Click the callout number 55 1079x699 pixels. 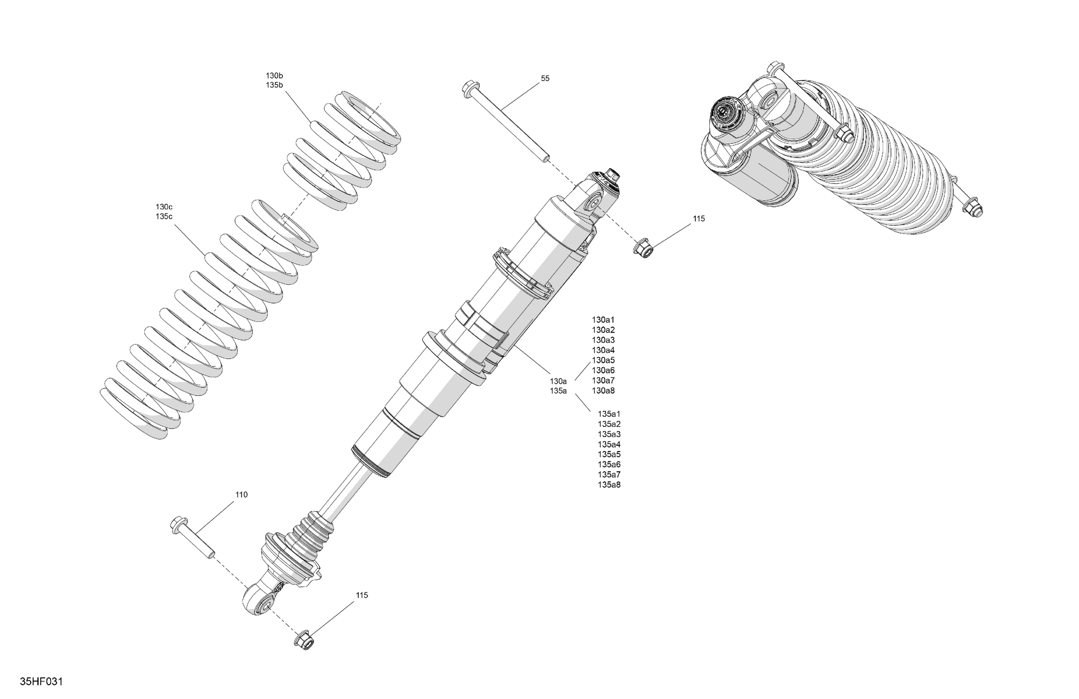coord(545,79)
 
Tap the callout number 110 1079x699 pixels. coord(241,495)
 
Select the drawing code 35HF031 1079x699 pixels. coord(41,681)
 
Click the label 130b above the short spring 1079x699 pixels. coord(274,76)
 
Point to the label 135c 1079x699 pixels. coord(164,217)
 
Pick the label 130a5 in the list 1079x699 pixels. coord(603,360)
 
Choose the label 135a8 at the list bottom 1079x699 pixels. coord(609,485)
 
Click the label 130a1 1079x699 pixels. coord(603,320)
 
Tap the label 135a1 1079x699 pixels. coord(609,414)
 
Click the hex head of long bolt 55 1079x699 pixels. coord(470,87)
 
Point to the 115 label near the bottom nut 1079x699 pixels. coord(361,595)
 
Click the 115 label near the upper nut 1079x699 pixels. coord(699,219)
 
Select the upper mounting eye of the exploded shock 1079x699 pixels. coord(592,204)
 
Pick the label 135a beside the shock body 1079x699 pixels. coord(558,391)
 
